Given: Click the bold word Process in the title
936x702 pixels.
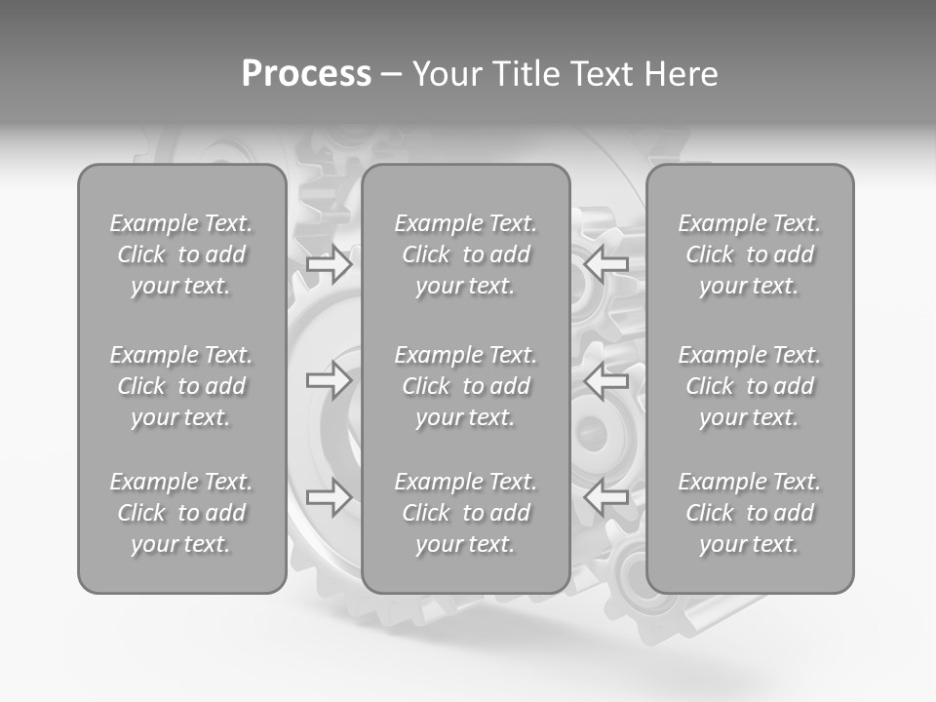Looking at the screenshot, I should tap(306, 74).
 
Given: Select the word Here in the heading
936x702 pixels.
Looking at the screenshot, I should tap(682, 74).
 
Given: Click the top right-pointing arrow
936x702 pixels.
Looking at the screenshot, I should tap(330, 264).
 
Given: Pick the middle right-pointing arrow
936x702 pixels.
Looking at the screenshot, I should tap(330, 380).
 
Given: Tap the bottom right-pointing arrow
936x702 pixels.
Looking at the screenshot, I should tap(330, 498).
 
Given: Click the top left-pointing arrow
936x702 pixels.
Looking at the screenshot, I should tap(605, 264).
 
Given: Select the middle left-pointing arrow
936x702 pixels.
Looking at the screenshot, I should tap(605, 380).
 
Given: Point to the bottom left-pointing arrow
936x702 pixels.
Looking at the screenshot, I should tap(605, 498).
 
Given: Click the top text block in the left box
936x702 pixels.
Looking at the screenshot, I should tap(181, 254).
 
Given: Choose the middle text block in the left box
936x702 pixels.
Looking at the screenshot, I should tap(181, 386).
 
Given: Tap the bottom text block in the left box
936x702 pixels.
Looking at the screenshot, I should tap(181, 513).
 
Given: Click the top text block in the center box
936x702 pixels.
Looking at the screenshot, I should tap(465, 254).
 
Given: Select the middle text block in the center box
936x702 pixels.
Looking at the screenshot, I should tap(465, 386).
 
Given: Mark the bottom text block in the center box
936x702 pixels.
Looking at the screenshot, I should tap(465, 513).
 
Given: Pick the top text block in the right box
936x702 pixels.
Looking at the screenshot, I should tap(750, 254).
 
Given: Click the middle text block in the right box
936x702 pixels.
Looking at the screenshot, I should tap(750, 386).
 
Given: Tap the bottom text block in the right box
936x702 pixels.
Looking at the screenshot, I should tap(750, 513).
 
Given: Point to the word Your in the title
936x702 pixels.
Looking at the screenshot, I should tap(447, 74).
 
